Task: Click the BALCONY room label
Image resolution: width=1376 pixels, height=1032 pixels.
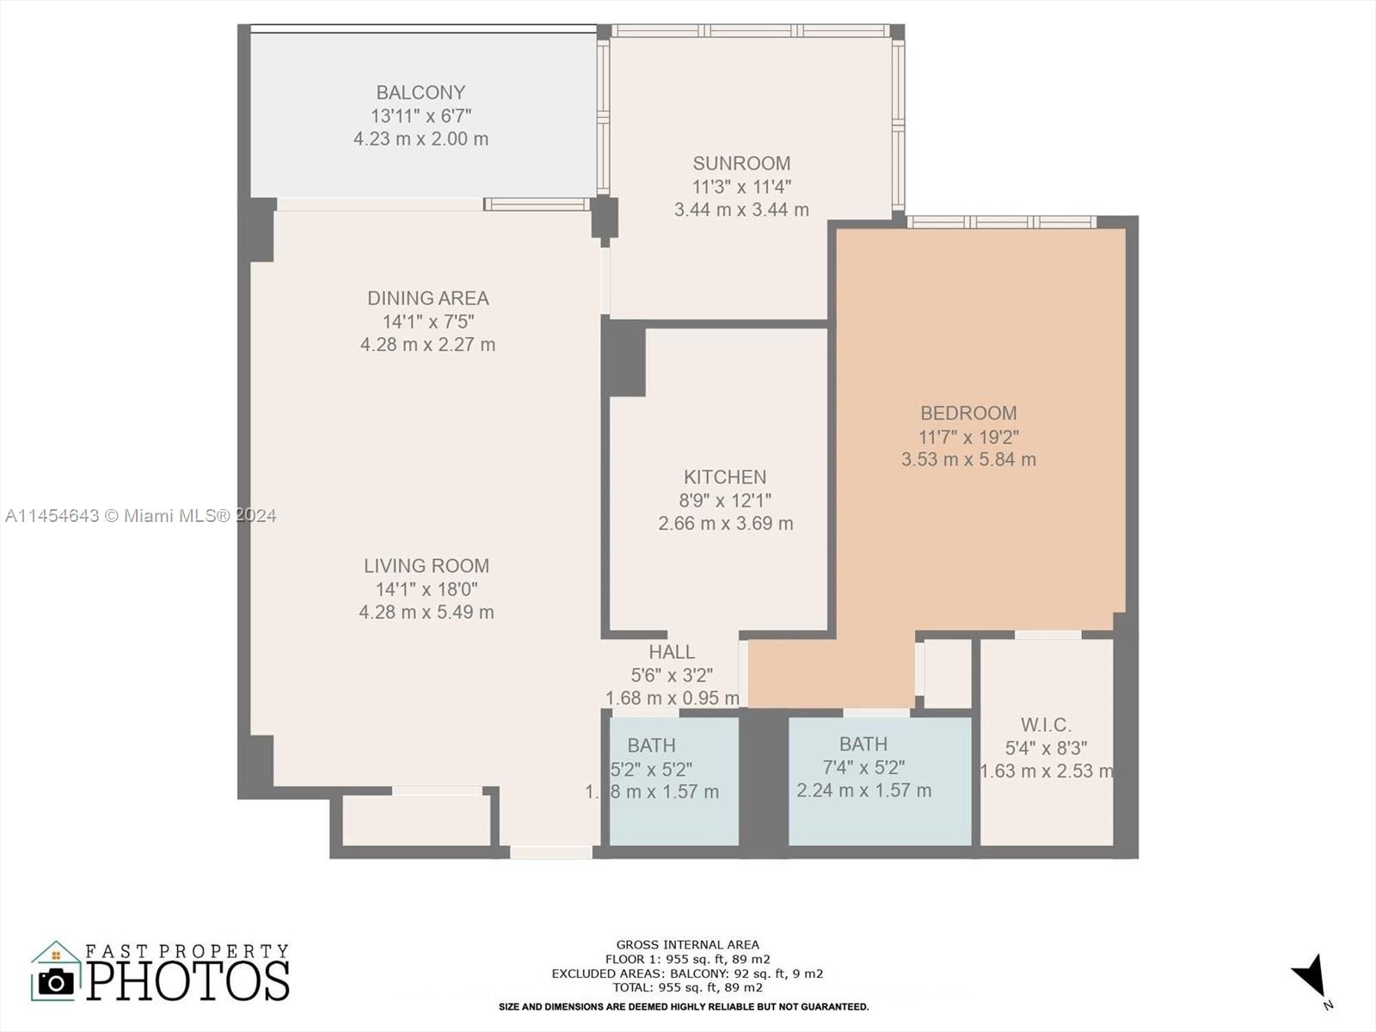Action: tap(421, 92)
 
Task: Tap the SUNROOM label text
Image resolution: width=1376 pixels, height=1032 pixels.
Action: tap(741, 163)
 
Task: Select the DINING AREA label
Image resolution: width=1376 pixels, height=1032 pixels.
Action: tap(427, 298)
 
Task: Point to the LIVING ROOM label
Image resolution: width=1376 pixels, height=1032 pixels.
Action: tap(426, 566)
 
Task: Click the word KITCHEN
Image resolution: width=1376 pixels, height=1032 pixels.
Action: tap(725, 477)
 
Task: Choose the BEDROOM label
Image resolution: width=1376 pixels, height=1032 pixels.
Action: tap(968, 414)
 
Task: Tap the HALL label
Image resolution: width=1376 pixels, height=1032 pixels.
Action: tap(672, 653)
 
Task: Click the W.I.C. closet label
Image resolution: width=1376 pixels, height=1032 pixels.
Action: tap(1046, 725)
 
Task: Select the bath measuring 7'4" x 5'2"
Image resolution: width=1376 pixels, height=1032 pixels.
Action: tap(863, 745)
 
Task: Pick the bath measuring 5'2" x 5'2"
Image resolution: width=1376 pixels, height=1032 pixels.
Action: tap(651, 746)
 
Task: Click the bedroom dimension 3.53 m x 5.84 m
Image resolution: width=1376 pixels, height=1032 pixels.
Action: tap(968, 460)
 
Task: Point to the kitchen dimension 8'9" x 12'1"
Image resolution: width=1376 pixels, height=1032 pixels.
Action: tap(725, 501)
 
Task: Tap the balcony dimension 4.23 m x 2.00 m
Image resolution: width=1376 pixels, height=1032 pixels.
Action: tap(421, 139)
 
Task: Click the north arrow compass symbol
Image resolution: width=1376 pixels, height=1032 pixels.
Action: tap(1311, 979)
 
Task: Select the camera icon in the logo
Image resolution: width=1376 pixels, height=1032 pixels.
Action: tap(57, 981)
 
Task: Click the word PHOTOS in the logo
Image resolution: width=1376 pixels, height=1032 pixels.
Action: tap(187, 981)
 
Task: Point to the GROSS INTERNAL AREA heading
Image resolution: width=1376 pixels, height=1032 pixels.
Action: tap(687, 944)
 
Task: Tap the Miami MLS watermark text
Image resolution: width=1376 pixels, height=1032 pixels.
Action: tap(140, 516)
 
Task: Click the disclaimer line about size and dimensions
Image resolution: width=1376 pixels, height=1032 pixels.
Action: tap(684, 1006)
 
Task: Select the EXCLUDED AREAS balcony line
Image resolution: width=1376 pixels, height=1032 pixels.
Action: tap(687, 974)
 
